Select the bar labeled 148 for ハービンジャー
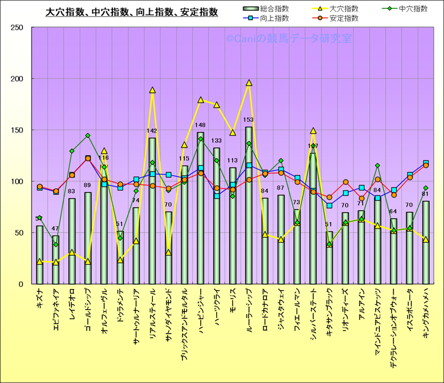(201, 208)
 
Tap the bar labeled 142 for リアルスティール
(153, 211)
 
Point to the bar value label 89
(88, 186)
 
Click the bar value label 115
(184, 159)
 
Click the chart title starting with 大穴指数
(132, 12)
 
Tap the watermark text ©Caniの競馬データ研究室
(288, 39)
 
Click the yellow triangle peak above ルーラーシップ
(249, 83)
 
